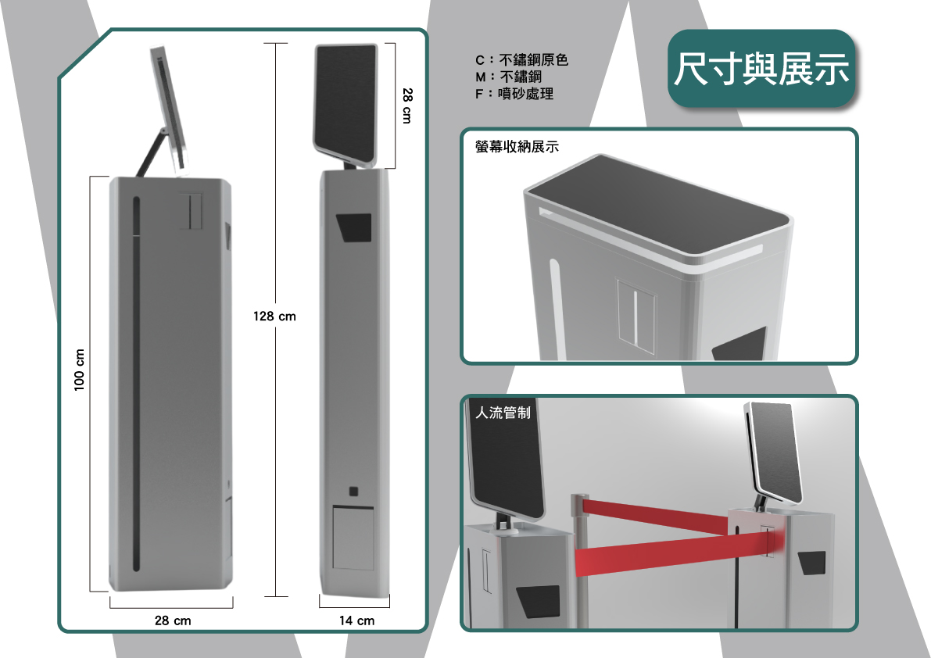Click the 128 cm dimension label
click(x=274, y=316)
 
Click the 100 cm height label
click(x=80, y=370)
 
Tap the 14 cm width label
click(x=356, y=620)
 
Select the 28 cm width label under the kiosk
click(x=173, y=620)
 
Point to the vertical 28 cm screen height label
click(x=406, y=105)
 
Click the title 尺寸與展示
click(x=761, y=69)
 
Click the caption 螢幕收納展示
click(x=517, y=147)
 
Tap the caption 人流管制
click(x=503, y=413)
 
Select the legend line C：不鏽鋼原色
click(x=522, y=60)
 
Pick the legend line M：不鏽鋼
click(x=508, y=77)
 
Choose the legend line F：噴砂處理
click(x=514, y=94)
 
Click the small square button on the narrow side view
click(x=353, y=492)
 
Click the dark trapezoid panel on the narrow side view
click(x=354, y=228)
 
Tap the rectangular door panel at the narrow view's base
click(x=353, y=538)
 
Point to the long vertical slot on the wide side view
click(x=136, y=384)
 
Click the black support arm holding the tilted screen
click(x=151, y=152)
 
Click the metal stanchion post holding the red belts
click(x=579, y=560)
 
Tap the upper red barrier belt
click(x=656, y=514)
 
